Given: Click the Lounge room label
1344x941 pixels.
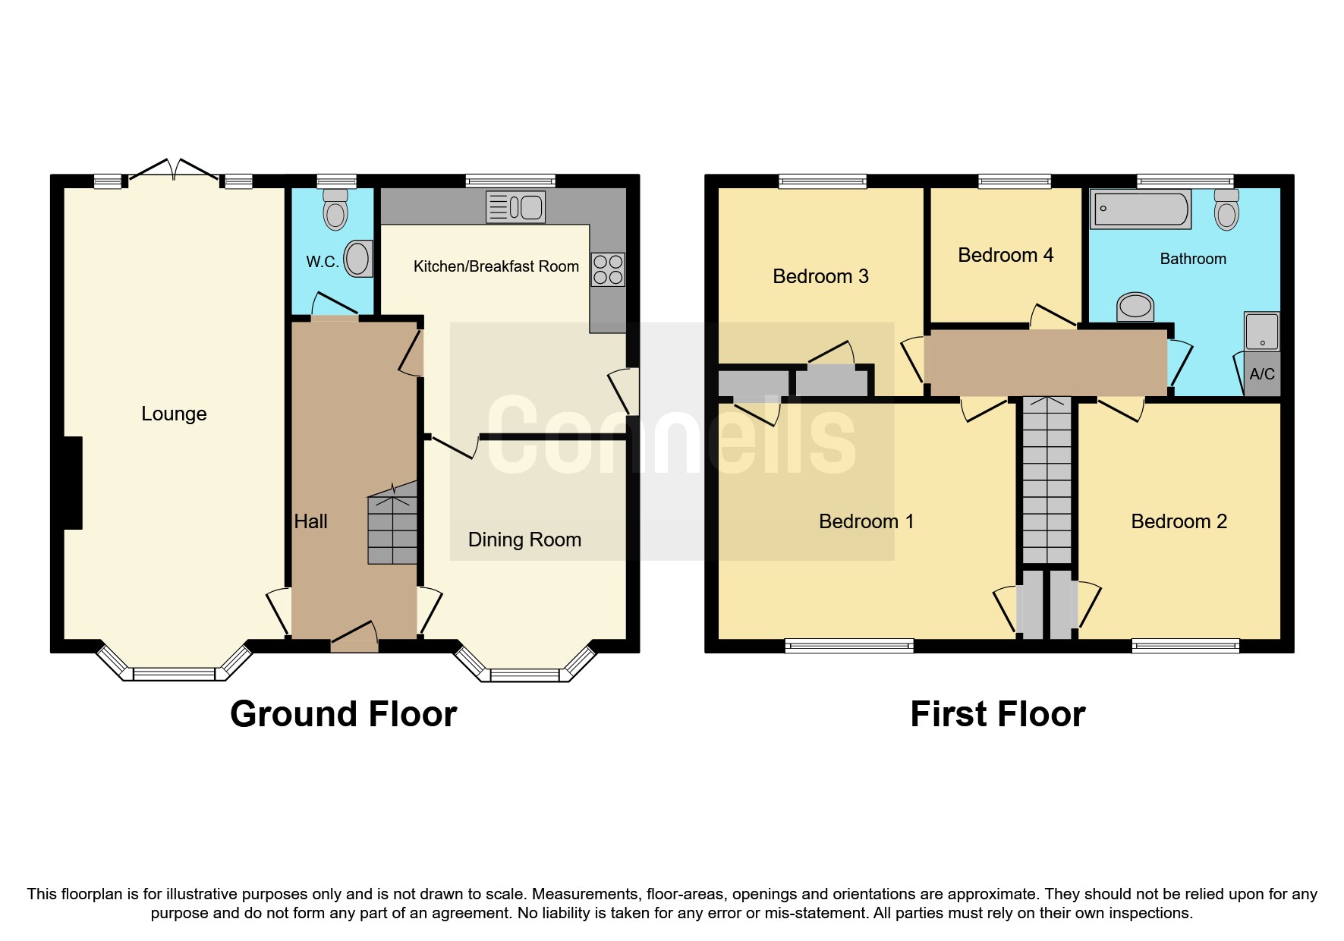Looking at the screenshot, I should [x=174, y=414].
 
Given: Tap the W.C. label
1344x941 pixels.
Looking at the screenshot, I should [x=322, y=262].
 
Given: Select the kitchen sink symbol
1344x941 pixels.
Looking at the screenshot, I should [x=515, y=207].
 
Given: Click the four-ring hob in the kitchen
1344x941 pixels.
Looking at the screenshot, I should [x=608, y=269].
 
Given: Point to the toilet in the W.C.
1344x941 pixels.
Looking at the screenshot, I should [x=335, y=209].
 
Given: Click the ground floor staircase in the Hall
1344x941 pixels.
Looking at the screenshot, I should [x=392, y=524].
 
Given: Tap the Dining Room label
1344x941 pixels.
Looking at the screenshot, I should [x=524, y=540].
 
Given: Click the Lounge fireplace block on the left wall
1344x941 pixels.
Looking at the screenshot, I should [x=72, y=483].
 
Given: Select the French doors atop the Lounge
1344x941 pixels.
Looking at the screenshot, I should [x=175, y=170].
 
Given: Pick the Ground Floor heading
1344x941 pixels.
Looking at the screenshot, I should [x=343, y=714].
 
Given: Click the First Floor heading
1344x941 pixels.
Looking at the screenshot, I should [x=997, y=714].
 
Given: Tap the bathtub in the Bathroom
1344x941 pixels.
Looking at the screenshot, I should [x=1141, y=209].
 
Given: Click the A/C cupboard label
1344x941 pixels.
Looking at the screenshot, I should [x=1262, y=374].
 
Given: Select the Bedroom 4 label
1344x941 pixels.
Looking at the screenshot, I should [x=1006, y=255].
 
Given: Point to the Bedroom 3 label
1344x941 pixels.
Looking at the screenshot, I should [x=820, y=276].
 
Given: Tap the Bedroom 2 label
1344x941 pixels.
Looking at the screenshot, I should [x=1179, y=521].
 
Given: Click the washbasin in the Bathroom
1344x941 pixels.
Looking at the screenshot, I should [x=1135, y=307].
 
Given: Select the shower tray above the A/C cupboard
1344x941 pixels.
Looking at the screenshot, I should [x=1262, y=331].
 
